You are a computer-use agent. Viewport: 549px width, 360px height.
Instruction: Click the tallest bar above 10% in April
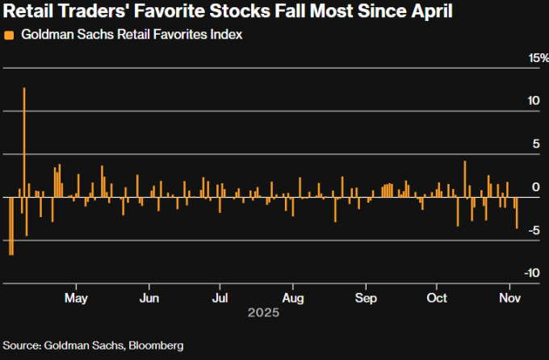24,141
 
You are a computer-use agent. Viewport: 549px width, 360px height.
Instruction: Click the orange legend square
9,36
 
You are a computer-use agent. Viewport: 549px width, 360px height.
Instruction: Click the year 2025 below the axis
263,312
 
